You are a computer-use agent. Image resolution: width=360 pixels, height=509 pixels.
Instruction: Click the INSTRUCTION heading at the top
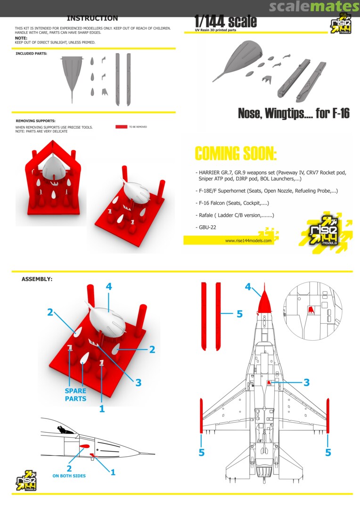(x=92, y=18)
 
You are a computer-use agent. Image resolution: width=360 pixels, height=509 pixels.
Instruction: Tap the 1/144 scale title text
(x=226, y=21)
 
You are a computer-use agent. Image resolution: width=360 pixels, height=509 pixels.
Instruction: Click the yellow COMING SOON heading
(x=236, y=154)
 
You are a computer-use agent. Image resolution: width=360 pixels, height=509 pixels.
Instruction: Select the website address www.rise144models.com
(x=248, y=240)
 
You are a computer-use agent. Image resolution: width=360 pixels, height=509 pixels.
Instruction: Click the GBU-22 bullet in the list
(x=206, y=227)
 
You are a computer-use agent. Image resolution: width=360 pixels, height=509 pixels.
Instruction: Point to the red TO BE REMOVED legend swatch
(x=122, y=127)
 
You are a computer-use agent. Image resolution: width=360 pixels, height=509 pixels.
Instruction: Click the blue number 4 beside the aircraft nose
(x=248, y=287)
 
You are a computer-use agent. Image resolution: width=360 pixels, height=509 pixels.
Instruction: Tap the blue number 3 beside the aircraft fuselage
(x=306, y=382)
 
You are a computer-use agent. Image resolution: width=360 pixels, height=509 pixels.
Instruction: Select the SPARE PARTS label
(x=76, y=395)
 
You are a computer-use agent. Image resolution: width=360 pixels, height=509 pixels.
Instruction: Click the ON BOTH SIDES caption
(x=69, y=476)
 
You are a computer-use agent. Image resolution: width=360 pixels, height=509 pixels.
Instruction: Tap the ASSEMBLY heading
(x=37, y=279)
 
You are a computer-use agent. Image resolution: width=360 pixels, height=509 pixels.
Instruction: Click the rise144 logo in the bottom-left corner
(x=26, y=480)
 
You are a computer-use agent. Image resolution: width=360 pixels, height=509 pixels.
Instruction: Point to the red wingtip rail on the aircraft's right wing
(x=328, y=416)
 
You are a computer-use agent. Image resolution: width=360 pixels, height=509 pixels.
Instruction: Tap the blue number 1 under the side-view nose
(x=113, y=472)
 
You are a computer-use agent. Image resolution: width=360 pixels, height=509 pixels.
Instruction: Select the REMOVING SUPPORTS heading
(x=36, y=121)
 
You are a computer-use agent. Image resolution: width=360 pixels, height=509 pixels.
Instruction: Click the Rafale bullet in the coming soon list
(x=235, y=215)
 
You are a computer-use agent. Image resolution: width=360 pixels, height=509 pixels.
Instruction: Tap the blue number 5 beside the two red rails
(x=239, y=314)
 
